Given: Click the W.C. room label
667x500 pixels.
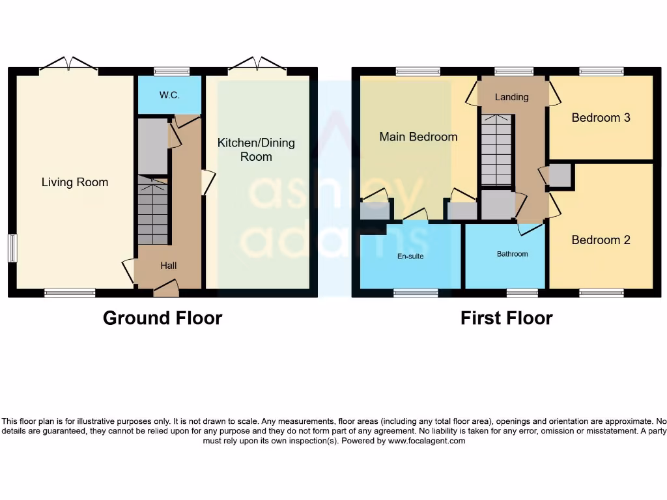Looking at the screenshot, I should (169, 95).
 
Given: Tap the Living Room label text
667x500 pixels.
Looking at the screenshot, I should (75, 182).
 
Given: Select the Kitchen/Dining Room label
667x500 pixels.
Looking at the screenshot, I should (256, 150).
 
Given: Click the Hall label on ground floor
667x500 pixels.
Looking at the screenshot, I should (169, 265).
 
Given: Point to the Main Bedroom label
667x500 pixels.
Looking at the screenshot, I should (418, 137).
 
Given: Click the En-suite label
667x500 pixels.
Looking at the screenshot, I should (410, 256).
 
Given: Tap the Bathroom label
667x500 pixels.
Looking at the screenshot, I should (512, 254).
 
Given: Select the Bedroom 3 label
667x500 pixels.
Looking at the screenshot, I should (601, 118).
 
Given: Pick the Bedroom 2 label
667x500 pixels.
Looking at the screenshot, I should (601, 240).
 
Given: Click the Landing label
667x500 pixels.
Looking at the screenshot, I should (511, 97).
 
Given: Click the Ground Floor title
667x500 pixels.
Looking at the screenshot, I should (162, 318).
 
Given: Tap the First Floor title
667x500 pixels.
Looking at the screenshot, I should (506, 318).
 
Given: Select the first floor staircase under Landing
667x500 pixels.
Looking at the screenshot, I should (496, 150).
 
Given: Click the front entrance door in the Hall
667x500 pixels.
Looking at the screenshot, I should (165, 286).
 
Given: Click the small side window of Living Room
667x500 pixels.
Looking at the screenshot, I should (12, 248).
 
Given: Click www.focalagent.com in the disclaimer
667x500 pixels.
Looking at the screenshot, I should (426, 441).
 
